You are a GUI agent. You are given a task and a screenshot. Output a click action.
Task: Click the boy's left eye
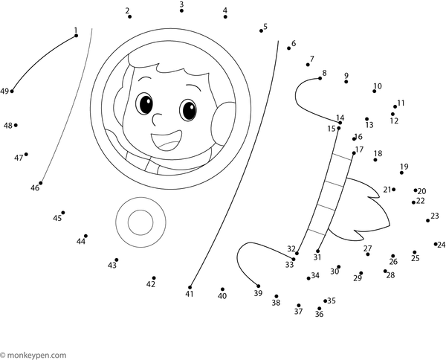[145, 103]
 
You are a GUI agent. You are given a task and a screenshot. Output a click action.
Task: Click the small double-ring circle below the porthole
[140, 221]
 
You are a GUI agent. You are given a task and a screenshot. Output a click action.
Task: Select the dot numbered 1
[76, 35]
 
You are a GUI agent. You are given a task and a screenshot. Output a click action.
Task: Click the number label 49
[4, 91]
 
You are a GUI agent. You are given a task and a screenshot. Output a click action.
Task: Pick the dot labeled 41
[190, 286]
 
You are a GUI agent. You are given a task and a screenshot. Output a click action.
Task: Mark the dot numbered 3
[181, 12]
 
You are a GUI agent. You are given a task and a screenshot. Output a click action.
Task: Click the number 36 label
[319, 314]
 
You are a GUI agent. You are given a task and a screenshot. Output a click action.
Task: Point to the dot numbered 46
[41, 183]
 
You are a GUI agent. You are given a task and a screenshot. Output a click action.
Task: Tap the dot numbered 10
[375, 92]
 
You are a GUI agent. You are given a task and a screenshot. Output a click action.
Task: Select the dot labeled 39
[259, 286]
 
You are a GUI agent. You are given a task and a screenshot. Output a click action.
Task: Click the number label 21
[387, 190]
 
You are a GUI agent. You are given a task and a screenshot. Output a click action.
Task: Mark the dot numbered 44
[85, 235]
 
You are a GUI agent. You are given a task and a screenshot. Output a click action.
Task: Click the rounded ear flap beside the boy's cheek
[221, 121]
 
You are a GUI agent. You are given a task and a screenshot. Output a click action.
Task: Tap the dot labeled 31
[318, 251]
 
